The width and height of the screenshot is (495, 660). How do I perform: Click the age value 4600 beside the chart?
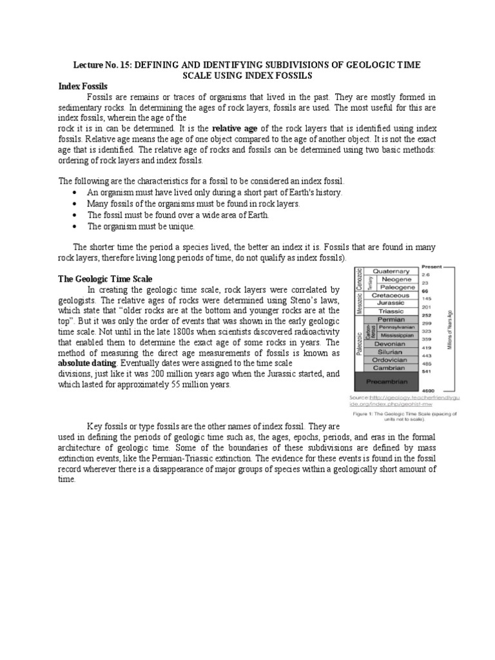(429, 391)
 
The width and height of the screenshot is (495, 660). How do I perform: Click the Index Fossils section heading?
(83, 86)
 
